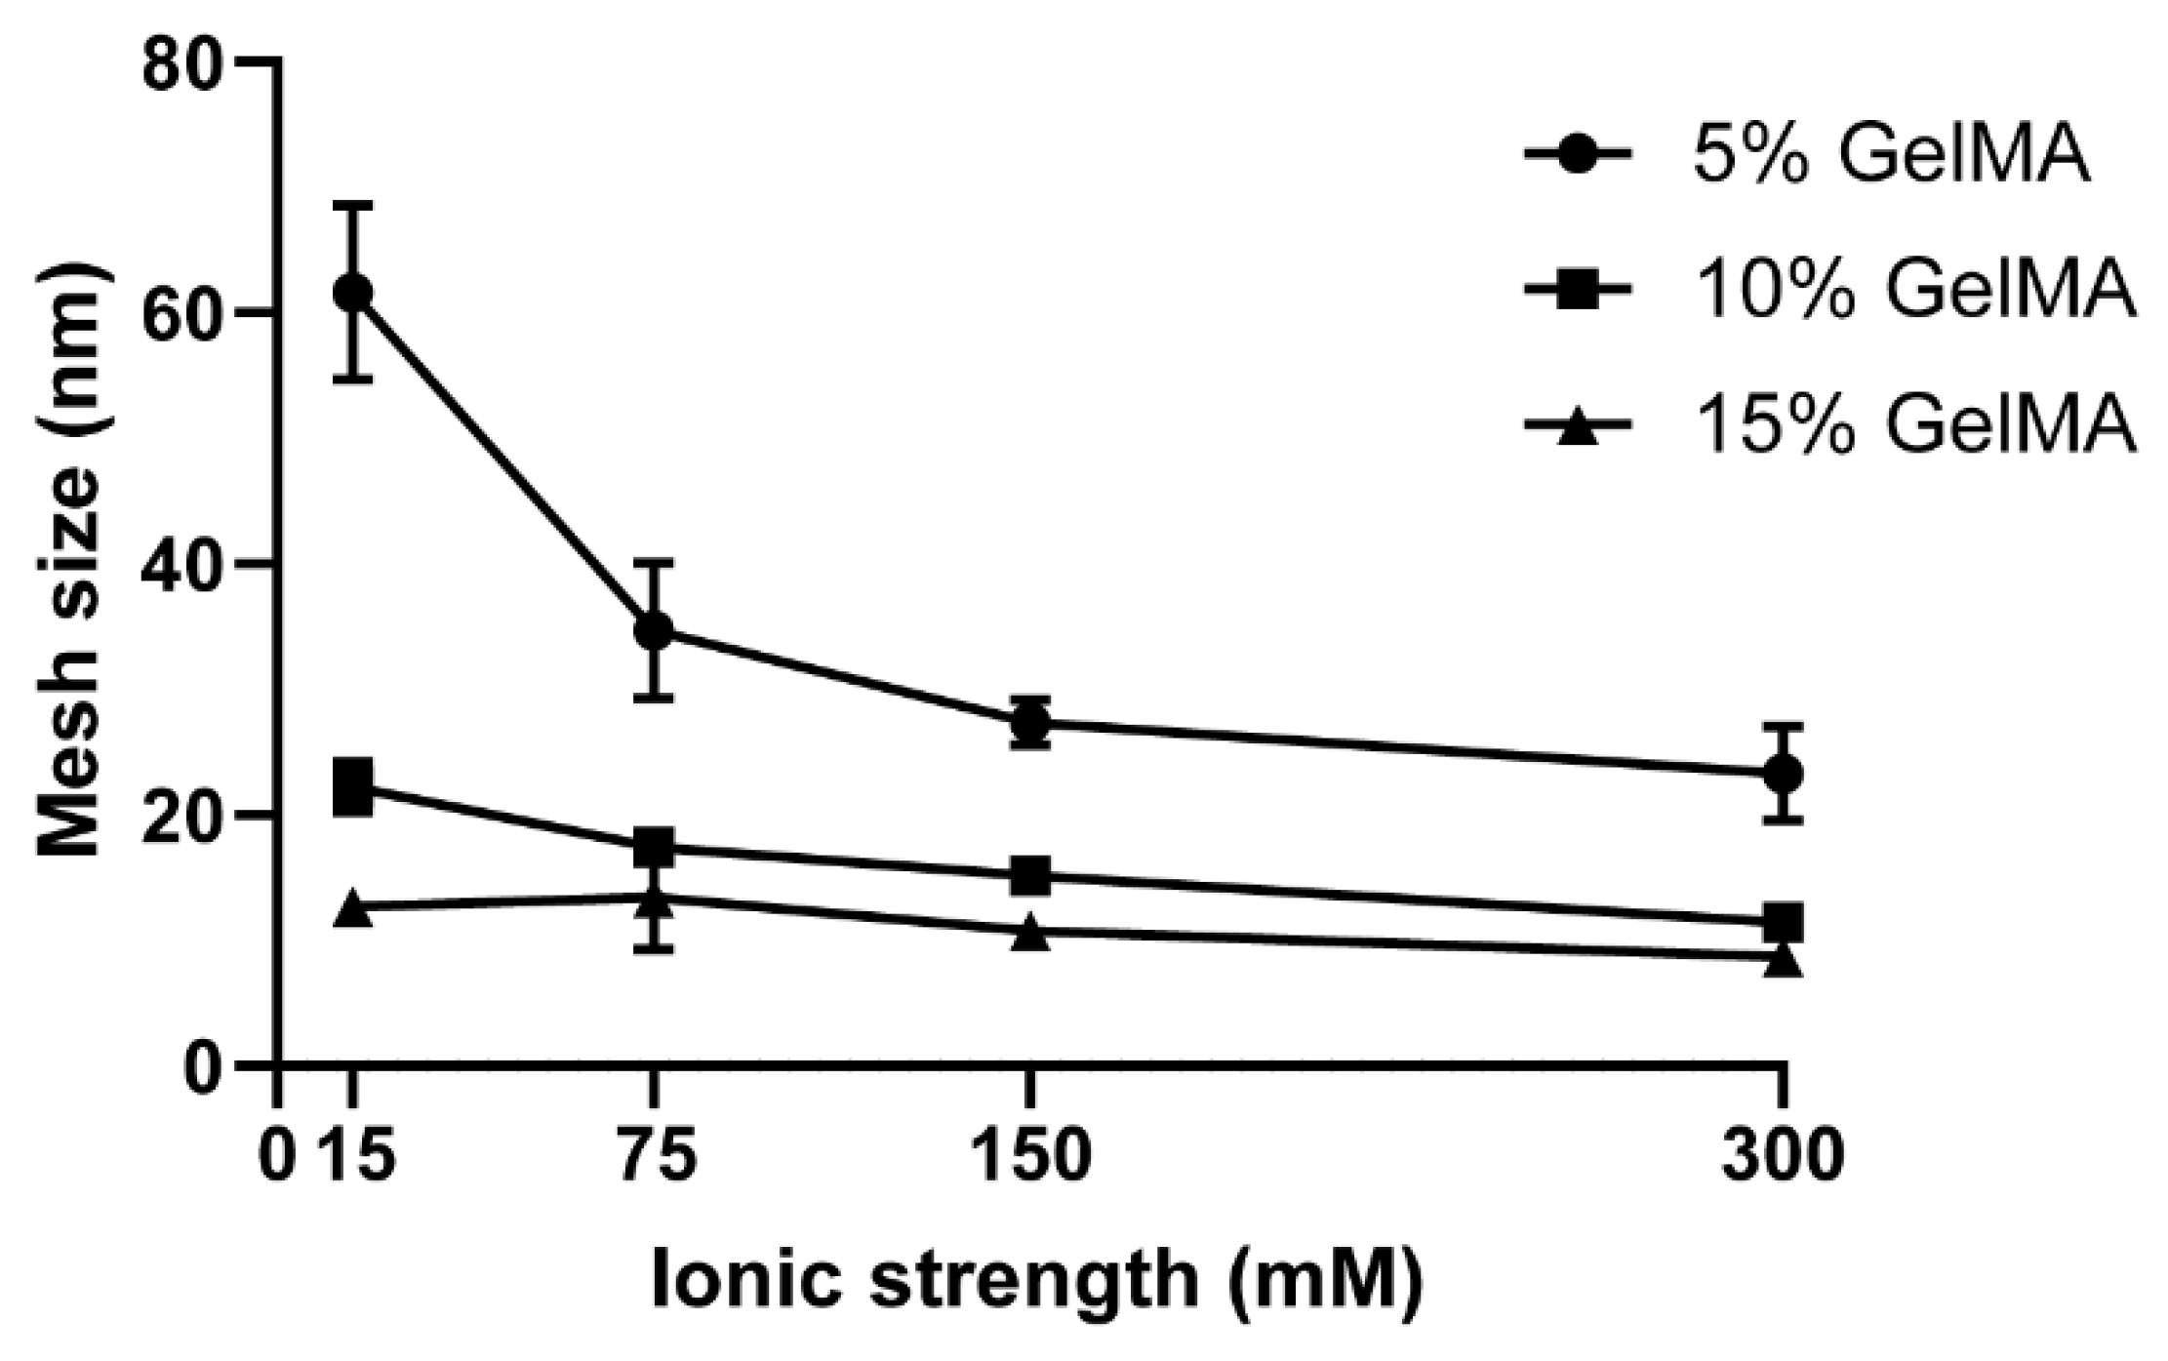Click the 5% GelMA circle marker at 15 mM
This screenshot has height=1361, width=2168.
click(352, 292)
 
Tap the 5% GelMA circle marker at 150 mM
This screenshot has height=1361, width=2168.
click(1030, 723)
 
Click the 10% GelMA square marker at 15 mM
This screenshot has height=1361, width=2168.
click(352, 788)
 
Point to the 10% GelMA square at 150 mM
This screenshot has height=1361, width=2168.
click(1030, 875)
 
